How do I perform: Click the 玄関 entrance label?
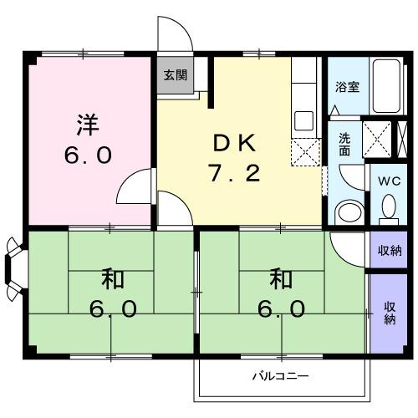(175, 74)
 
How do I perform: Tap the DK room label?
(234, 143)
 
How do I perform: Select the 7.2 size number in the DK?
(235, 173)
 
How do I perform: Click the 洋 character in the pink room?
(88, 125)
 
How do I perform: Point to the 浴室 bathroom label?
(347, 87)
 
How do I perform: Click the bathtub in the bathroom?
(386, 86)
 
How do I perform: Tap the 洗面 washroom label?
(344, 144)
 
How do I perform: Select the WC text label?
(389, 181)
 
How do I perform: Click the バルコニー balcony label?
(280, 376)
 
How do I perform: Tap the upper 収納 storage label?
(390, 251)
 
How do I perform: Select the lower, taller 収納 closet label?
(390, 313)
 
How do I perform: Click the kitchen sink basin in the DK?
(303, 120)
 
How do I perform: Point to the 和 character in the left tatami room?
(113, 278)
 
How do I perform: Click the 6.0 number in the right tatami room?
(281, 309)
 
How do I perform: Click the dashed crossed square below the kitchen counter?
(305, 152)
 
